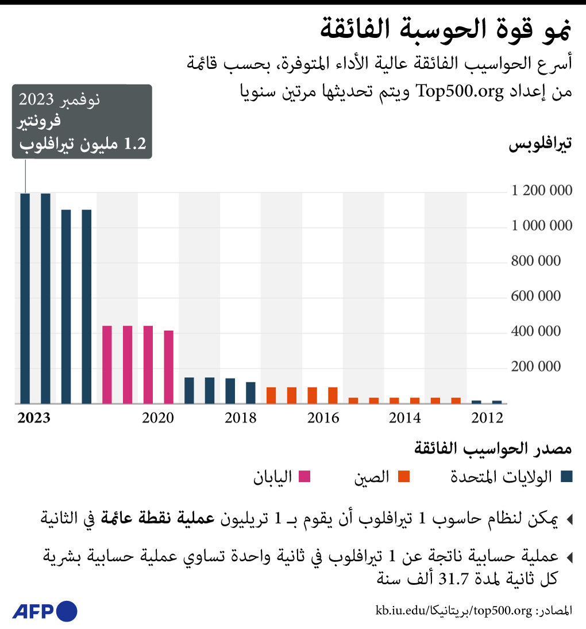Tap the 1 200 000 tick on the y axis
click(x=542, y=191)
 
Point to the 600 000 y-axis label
click(x=536, y=296)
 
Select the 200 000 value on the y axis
click(x=536, y=367)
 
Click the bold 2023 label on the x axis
click(x=34, y=418)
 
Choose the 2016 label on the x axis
click(x=323, y=418)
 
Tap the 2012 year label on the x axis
click(x=487, y=418)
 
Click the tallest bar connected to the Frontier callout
click(x=25, y=299)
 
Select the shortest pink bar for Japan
click(x=168, y=367)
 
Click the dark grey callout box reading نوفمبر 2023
click(x=82, y=121)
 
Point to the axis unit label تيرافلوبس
click(x=540, y=145)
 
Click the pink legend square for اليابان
click(x=305, y=476)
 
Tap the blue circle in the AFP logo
click(x=67, y=611)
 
